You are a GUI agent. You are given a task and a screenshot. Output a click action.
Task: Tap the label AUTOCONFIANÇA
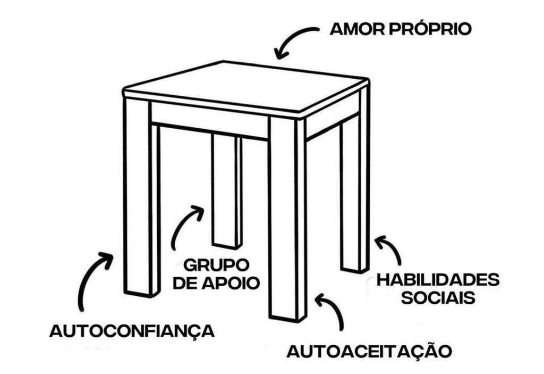[x=132, y=331]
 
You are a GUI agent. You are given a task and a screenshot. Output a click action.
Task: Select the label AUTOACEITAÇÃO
[x=369, y=351]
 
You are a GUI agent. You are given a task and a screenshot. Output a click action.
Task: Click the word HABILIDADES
[x=438, y=280]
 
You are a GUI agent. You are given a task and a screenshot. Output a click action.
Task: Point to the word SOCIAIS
[x=438, y=298]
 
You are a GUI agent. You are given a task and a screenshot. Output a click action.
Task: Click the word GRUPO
[x=216, y=264]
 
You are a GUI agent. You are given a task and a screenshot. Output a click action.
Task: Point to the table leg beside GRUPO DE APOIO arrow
[x=226, y=192]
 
